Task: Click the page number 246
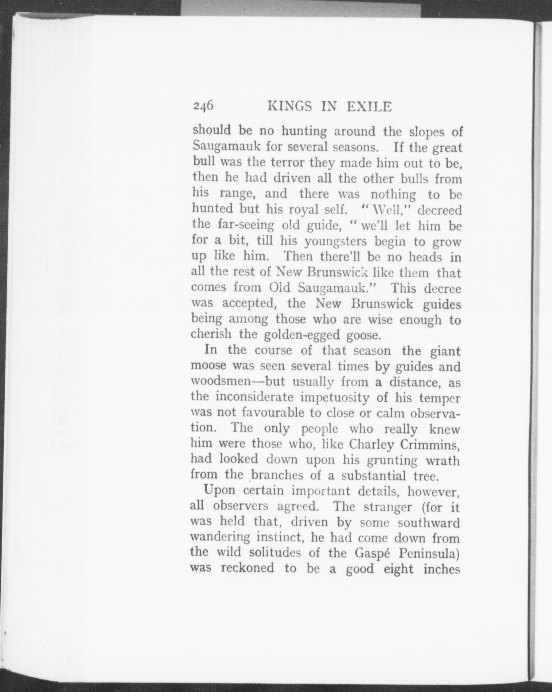coord(203,106)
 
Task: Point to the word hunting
coord(304,132)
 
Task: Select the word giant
coord(445,351)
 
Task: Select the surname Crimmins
coord(430,444)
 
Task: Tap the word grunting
coord(392,460)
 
